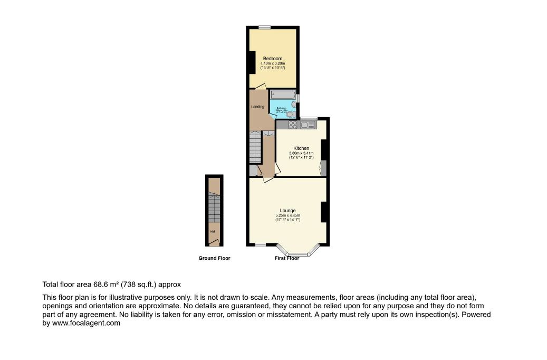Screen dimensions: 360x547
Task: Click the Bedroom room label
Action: pos(273,59)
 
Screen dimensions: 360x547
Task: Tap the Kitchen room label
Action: pos(301,148)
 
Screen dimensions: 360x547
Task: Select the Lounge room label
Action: pos(287,211)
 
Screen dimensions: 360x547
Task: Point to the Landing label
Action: pos(257,107)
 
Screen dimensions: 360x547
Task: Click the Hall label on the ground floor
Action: pos(213,231)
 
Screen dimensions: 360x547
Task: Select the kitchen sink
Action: pos(308,125)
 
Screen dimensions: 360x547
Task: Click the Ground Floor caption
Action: pos(214,258)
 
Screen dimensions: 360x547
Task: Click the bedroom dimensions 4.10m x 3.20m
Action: pos(273,64)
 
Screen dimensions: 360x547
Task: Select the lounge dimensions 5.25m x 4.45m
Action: pos(287,215)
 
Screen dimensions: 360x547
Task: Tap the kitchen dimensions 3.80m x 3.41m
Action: pos(301,153)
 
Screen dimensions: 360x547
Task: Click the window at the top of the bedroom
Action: pos(265,27)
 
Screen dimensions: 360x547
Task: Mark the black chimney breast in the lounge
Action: pos(324,212)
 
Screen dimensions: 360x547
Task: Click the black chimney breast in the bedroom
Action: pos(252,62)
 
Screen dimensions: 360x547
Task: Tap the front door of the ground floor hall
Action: pos(214,243)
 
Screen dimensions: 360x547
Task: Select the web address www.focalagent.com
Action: pos(87,324)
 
